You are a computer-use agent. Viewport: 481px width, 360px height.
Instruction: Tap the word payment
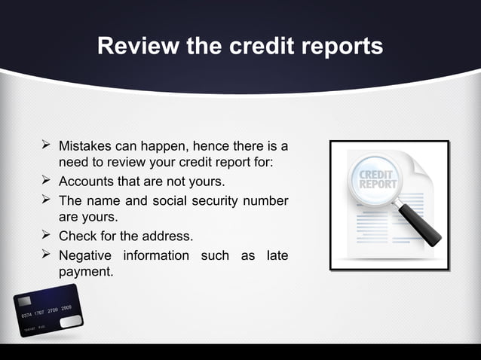(85, 271)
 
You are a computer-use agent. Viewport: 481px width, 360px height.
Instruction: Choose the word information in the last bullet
(156, 255)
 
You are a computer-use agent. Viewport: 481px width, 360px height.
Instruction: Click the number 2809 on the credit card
(66, 308)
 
